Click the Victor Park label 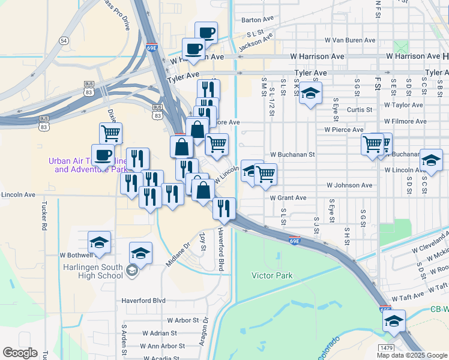click(x=272, y=275)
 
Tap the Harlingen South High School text click(x=93, y=271)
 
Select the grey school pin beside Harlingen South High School click(x=132, y=272)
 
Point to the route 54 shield click(x=64, y=40)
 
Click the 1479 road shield click(x=387, y=347)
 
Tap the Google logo click(x=20, y=353)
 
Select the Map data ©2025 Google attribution click(x=412, y=355)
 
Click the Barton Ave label click(x=257, y=20)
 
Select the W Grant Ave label click(x=288, y=197)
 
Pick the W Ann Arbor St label click(x=163, y=346)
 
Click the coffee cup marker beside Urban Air click(x=103, y=154)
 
